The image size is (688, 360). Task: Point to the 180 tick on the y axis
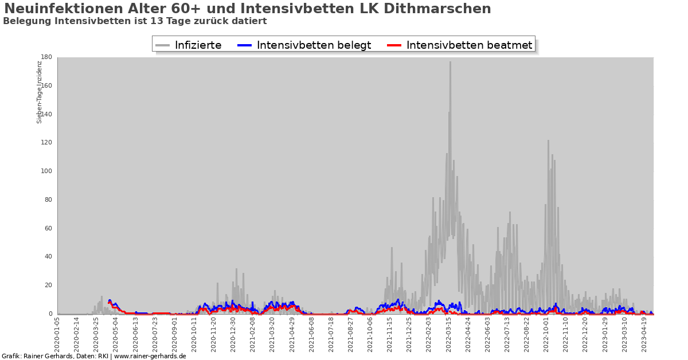coord(47,57)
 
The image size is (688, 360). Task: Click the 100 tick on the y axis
coord(47,171)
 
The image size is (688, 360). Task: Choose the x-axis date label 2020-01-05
coord(57,337)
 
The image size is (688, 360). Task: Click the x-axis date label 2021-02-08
coord(253,337)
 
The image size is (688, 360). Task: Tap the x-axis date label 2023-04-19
coord(644,337)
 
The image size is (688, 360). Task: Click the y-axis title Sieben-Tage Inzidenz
coord(40,92)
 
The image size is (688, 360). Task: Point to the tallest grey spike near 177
coord(450,62)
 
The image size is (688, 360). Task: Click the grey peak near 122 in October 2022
coord(548,141)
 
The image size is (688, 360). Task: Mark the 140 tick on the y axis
coord(47,114)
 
